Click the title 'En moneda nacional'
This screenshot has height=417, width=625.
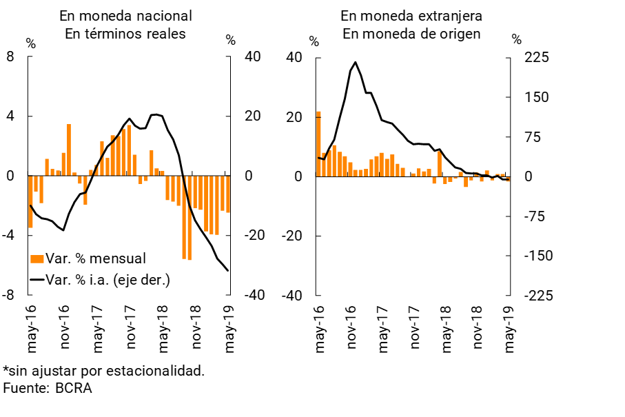click(125, 16)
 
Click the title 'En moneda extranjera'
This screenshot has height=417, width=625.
click(411, 16)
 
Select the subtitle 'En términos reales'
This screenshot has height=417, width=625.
click(125, 34)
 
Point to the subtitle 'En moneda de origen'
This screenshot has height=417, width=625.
click(411, 34)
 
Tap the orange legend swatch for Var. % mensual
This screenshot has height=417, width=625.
click(37, 258)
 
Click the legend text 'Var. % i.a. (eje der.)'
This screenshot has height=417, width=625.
click(107, 279)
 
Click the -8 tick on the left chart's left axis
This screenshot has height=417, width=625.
click(8, 295)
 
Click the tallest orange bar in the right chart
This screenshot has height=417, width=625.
click(318, 143)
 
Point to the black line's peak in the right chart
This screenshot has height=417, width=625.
click(356, 62)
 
